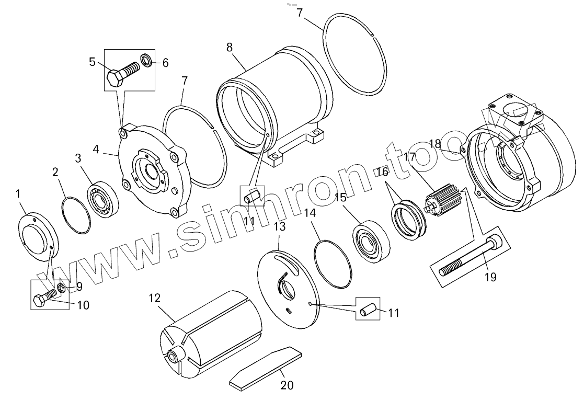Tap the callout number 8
click(230, 46)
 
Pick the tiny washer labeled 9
click(61, 288)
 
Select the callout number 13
click(279, 227)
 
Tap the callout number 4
click(96, 150)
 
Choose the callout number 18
click(435, 143)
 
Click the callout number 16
click(383, 172)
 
